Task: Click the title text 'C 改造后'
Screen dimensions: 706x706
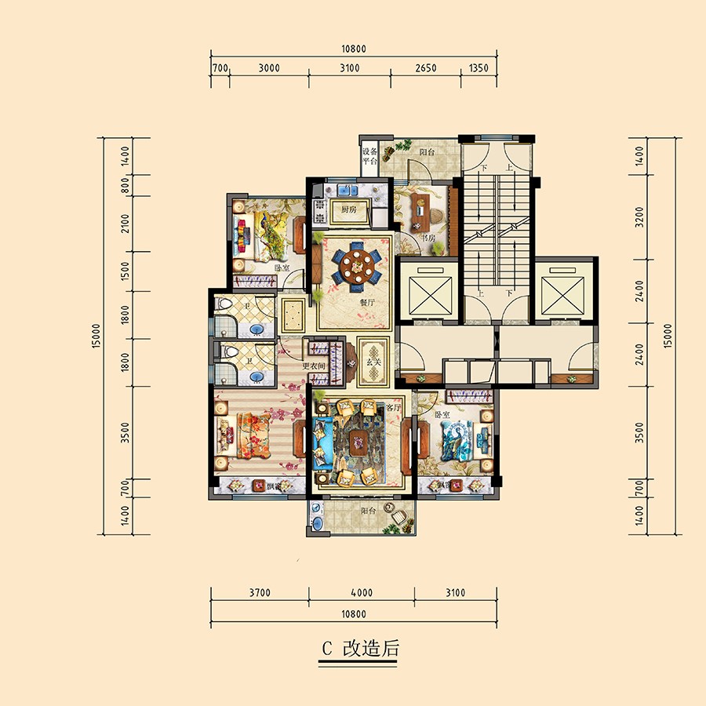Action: [360, 649]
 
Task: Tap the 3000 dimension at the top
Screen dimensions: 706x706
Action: [268, 68]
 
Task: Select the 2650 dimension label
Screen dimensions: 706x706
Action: [424, 68]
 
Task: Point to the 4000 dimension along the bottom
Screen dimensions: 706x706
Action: [362, 593]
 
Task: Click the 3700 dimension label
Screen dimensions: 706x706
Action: [260, 593]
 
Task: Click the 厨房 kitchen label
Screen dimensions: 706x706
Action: [349, 210]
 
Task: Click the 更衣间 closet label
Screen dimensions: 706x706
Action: [314, 366]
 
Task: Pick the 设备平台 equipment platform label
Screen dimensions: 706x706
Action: [369, 155]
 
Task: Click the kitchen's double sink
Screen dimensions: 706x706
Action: [346, 190]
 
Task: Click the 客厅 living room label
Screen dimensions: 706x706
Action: [393, 409]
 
